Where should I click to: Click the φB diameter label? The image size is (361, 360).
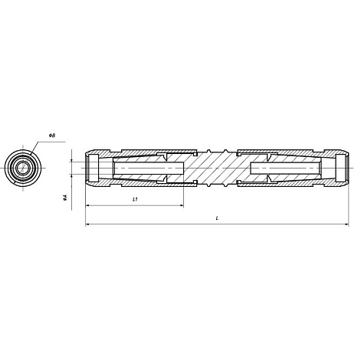[x=52, y=136]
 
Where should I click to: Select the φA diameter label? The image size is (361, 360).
[x=65, y=198]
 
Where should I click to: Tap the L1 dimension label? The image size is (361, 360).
[x=135, y=199]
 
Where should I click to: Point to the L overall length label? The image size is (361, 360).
[x=217, y=218]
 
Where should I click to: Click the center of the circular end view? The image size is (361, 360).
[x=23, y=168]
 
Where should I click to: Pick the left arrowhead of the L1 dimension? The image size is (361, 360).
[x=87, y=205]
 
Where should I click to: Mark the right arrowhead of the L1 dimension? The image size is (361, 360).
[x=182, y=205]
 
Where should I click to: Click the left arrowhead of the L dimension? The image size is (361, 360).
[x=87, y=224]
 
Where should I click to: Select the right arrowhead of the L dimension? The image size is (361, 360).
[x=346, y=224]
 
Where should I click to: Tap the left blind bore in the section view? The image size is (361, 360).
[x=149, y=168]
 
